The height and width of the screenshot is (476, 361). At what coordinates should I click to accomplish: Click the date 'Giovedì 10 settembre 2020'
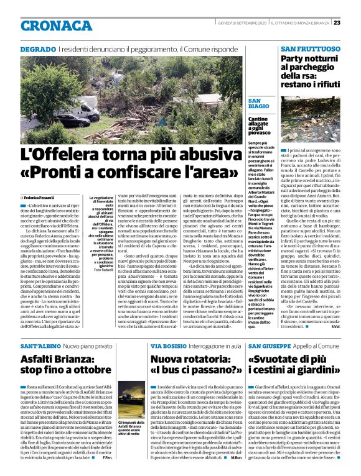[246, 22]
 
